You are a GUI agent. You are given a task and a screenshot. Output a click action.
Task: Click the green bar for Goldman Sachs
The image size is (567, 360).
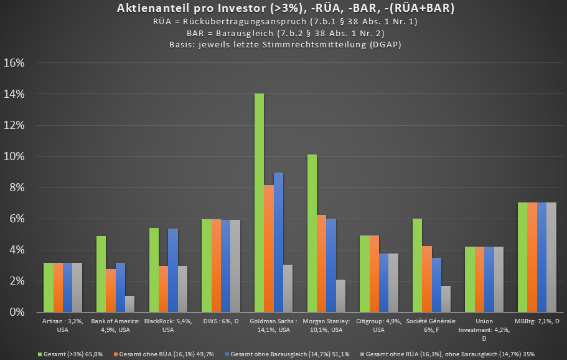tap(259, 202)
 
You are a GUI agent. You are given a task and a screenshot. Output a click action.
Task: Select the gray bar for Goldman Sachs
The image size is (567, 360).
tap(288, 288)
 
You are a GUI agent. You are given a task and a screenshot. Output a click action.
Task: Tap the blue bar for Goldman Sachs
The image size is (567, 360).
tap(279, 242)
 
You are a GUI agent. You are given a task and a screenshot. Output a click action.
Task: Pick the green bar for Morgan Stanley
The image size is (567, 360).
tap(312, 233)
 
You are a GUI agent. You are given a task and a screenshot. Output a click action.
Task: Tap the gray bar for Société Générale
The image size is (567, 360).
tap(446, 299)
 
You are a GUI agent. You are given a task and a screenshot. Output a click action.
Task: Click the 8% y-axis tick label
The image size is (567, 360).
tap(16, 187)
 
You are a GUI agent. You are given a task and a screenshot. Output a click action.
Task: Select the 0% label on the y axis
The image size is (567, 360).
tap(16, 312)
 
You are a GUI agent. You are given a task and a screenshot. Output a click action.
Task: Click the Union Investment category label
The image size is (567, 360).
tap(484, 329)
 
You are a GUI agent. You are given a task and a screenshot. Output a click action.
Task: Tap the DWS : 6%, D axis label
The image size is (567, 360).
tap(222, 321)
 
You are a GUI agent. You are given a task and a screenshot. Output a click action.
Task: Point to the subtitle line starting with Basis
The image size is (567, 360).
tap(284, 44)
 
